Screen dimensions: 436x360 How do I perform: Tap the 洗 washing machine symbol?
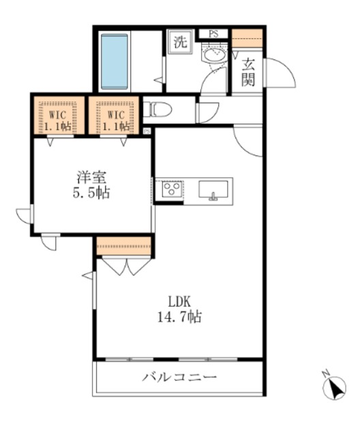coord(179,42)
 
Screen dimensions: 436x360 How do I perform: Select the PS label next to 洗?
coord(213,33)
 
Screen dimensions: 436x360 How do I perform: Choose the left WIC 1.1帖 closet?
coord(59,116)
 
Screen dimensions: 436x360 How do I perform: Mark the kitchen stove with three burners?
coord(170,189)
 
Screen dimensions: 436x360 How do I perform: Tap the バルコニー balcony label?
coord(179,377)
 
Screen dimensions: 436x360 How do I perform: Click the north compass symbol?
coord(334,387)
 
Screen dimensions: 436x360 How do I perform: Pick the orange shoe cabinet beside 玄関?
coord(247,37)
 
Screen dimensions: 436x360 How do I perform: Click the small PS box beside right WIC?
coord(148,130)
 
